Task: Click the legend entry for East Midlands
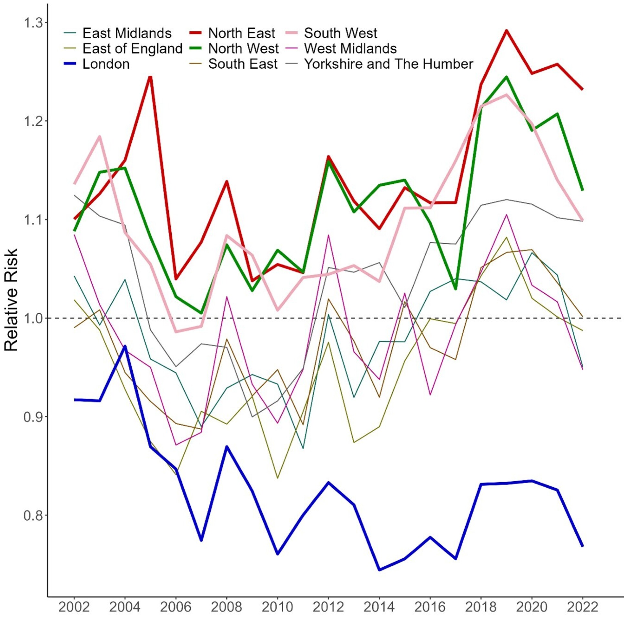click(127, 33)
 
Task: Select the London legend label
click(106, 64)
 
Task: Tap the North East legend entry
click(242, 33)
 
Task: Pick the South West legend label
click(340, 33)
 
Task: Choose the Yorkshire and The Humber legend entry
click(388, 64)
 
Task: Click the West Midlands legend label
click(350, 48)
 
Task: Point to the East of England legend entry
click(132, 48)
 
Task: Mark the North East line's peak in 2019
click(506, 30)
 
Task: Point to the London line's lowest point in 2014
click(379, 570)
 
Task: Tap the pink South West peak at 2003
click(100, 137)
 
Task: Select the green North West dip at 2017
click(456, 289)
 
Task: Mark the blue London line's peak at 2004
click(125, 347)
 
